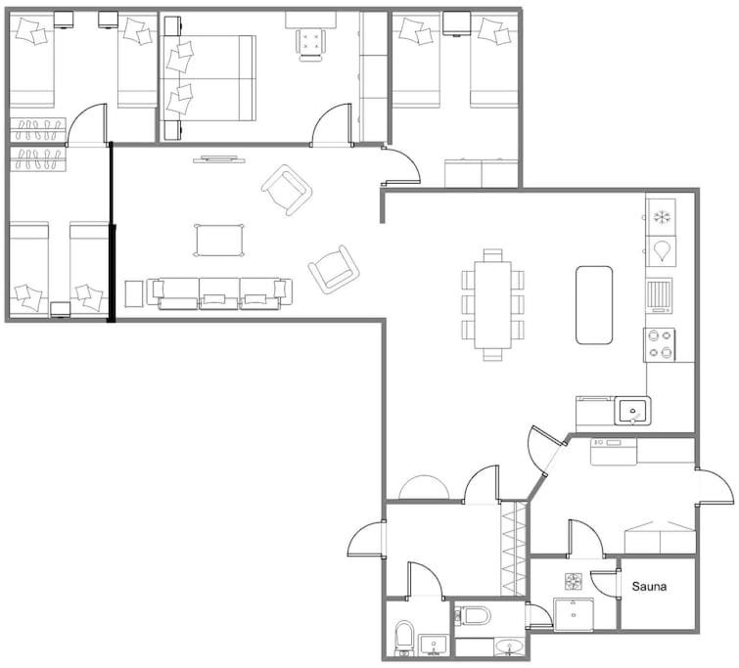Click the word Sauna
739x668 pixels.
tap(649, 587)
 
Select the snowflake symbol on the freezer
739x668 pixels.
tap(662, 217)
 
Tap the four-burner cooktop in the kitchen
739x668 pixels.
tap(660, 344)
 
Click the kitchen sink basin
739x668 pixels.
tap(632, 411)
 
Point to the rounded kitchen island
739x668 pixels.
tap(594, 305)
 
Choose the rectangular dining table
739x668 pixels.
tap(493, 305)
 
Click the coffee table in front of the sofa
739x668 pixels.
tap(219, 241)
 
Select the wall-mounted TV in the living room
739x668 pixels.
tap(219, 159)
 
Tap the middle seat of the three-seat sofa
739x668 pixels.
tap(219, 293)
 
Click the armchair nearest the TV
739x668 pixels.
tap(287, 190)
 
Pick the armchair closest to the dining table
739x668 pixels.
tap(334, 270)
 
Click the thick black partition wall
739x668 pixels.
tap(112, 232)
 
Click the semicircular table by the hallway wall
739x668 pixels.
tap(424, 487)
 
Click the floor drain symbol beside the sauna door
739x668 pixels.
tap(574, 581)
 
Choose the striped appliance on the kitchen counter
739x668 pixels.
tap(659, 295)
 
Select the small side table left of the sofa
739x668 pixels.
tap(134, 294)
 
